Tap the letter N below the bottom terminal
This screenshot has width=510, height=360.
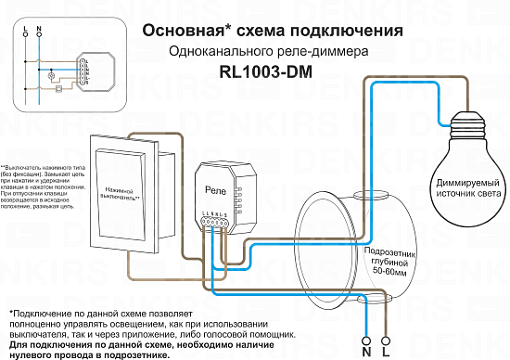click(367, 353)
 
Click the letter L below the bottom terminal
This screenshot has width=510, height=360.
click(385, 353)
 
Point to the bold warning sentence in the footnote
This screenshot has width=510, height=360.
click(148, 348)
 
